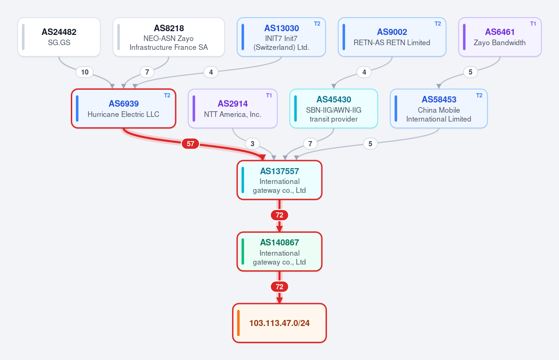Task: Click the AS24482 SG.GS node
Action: [59, 37]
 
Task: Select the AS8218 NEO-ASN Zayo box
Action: [169, 37]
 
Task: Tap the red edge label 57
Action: [191, 144]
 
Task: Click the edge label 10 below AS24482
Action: [85, 72]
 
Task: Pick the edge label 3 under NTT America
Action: [252, 144]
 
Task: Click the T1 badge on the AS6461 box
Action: [533, 24]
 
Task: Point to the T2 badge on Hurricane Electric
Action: [167, 95]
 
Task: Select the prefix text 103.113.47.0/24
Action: [279, 323]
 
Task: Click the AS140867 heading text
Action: [279, 243]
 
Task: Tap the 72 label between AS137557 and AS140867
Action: [279, 215]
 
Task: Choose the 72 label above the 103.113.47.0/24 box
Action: [279, 287]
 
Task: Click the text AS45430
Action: [334, 100]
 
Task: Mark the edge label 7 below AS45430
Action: [310, 144]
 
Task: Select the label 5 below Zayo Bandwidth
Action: [470, 72]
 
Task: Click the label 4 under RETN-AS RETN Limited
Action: [364, 72]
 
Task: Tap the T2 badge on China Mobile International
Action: [479, 95]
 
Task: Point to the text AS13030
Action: [281, 28]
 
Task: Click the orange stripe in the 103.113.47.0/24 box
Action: [239, 323]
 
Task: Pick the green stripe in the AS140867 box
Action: [243, 251]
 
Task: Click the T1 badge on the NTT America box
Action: [269, 95]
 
